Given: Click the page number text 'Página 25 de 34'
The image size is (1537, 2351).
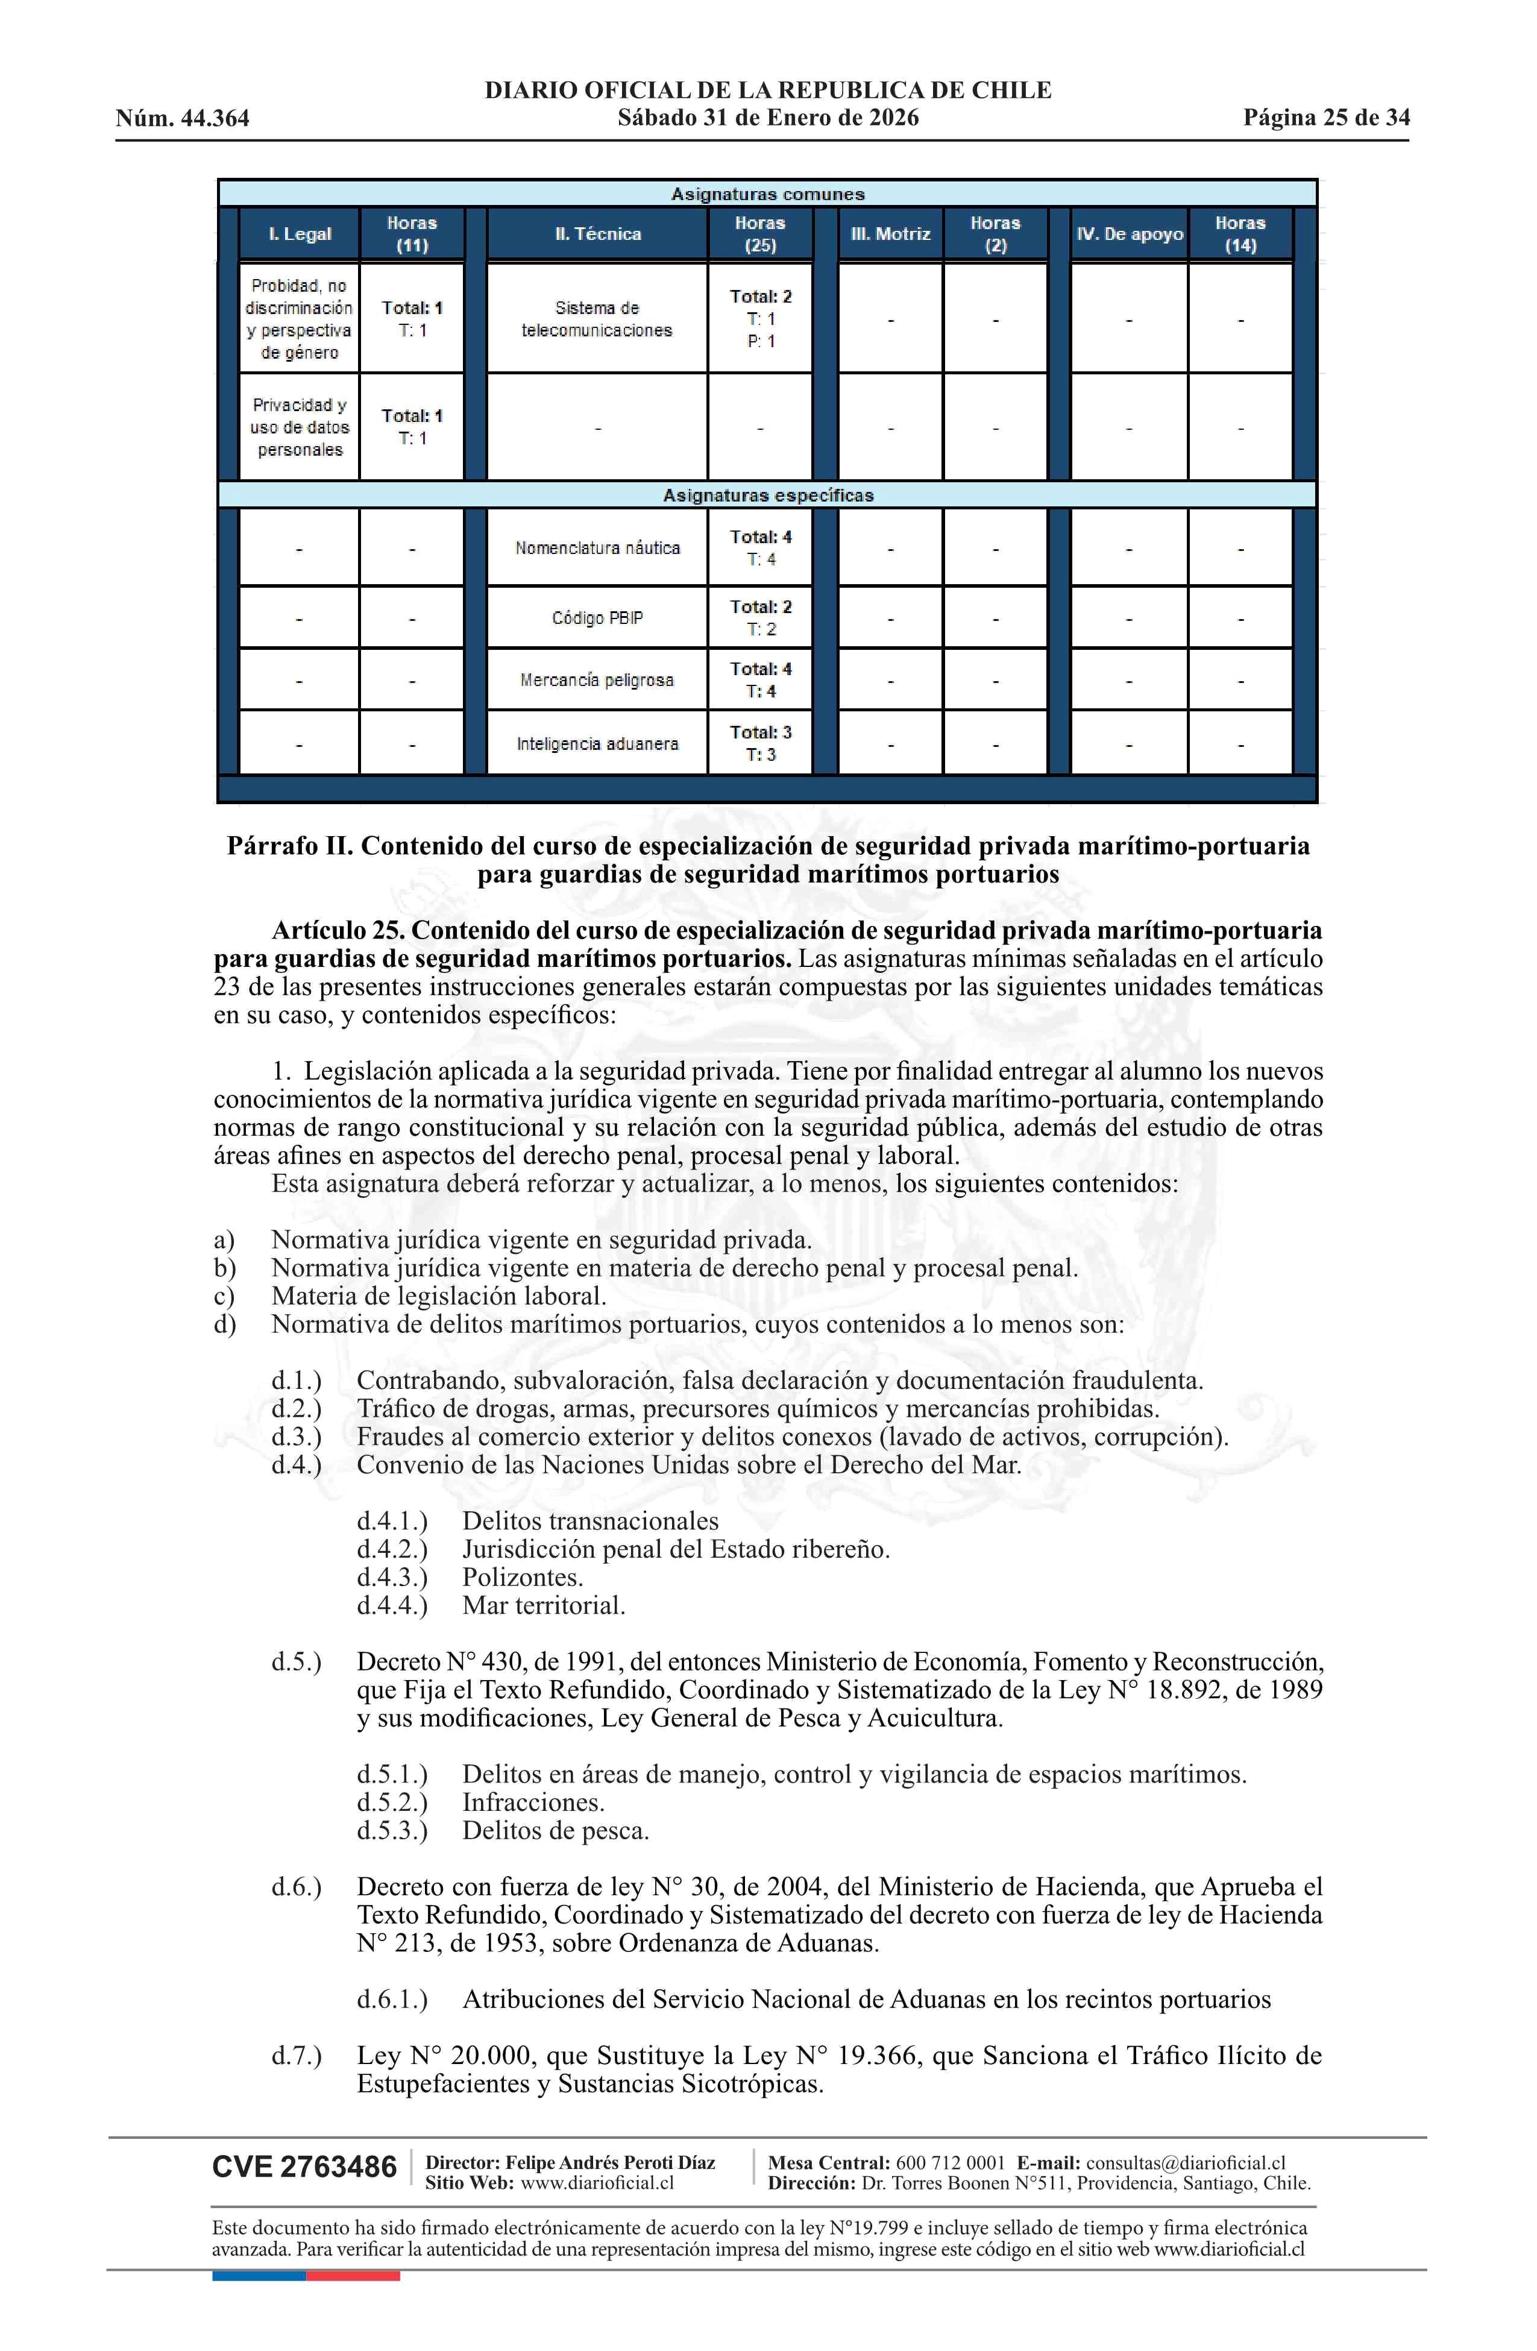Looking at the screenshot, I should pos(1325,118).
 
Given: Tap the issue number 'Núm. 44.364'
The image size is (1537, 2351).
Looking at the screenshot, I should pos(183,119).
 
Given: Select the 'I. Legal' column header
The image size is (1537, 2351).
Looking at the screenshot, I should pos(300,234).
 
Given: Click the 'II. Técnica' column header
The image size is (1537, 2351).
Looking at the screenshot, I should pos(597,234).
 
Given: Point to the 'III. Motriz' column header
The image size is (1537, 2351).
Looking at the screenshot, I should pos(890,234).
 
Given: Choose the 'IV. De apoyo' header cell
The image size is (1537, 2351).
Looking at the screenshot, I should pos(1129,234).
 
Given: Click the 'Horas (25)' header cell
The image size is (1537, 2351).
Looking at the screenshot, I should pos(759,234).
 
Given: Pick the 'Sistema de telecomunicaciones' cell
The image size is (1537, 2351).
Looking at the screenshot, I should pos(597,319).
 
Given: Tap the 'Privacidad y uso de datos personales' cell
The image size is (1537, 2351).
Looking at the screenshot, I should pos(300,427).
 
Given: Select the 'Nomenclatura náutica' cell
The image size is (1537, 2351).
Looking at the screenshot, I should pos(597,548).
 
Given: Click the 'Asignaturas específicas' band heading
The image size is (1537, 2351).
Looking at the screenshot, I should pos(767,495).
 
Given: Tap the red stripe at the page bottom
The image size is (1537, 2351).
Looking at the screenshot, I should pos(353,2276).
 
